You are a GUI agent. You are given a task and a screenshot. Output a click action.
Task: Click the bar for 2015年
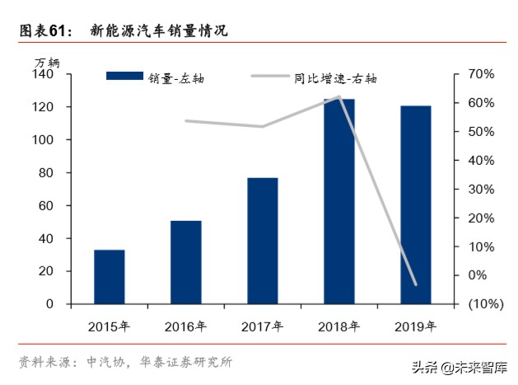(x=109, y=277)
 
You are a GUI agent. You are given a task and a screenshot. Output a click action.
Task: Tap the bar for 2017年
(x=262, y=241)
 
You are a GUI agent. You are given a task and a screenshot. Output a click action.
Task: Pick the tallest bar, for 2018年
(x=338, y=201)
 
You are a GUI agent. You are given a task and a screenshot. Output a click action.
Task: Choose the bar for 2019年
(x=415, y=204)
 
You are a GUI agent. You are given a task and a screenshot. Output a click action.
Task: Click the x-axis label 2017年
(x=262, y=326)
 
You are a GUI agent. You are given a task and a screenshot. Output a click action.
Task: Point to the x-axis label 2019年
(x=415, y=326)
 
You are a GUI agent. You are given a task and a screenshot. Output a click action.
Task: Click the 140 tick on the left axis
(x=43, y=74)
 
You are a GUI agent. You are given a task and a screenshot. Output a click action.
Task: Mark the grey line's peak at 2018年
(x=338, y=96)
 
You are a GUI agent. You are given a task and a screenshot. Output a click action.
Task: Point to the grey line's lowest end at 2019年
(x=415, y=285)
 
